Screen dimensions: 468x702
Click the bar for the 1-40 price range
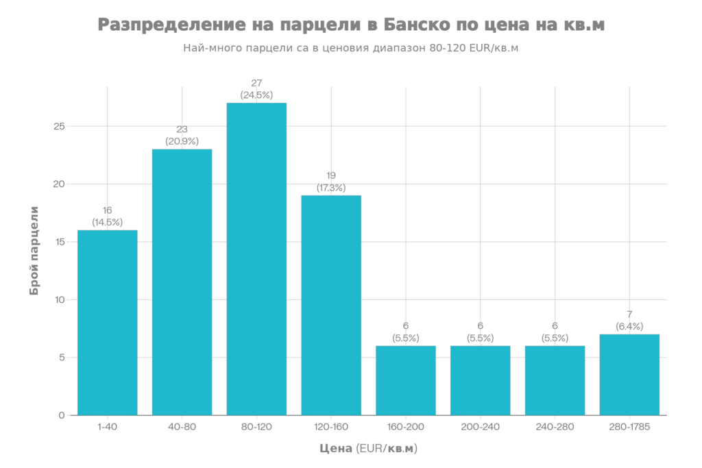(x=108, y=322)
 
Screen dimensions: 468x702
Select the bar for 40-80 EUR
(x=182, y=281)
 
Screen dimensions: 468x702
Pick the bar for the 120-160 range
(x=331, y=305)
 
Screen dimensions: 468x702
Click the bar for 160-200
(x=406, y=380)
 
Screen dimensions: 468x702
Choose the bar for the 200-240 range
(x=480, y=380)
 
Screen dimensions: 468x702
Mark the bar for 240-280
(x=555, y=380)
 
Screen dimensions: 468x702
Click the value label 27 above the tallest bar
(x=256, y=84)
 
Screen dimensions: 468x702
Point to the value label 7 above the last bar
(x=629, y=315)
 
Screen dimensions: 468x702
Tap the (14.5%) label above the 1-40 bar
(x=108, y=222)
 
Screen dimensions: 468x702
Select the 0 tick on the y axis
(x=62, y=415)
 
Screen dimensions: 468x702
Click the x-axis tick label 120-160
(x=331, y=427)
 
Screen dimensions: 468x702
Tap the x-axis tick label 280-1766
(x=629, y=427)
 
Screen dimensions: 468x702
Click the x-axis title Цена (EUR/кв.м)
(x=368, y=449)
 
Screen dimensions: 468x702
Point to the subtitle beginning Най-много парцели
(x=350, y=49)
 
